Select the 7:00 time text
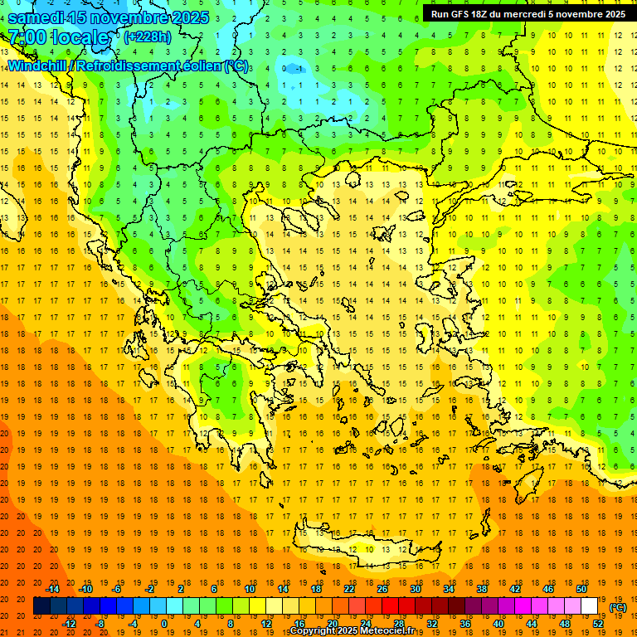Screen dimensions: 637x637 (27, 37)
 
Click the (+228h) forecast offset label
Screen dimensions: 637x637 (148, 37)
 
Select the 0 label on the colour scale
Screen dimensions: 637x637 (163, 624)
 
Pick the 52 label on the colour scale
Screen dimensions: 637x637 (598, 624)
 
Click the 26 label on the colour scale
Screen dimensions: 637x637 (382, 589)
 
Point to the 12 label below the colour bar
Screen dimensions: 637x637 (265, 624)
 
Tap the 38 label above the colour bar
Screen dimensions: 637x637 (481, 589)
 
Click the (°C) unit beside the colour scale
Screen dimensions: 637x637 (618, 607)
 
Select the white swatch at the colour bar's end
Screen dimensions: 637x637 (589, 606)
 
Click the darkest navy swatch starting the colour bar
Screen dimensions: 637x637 (41, 606)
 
